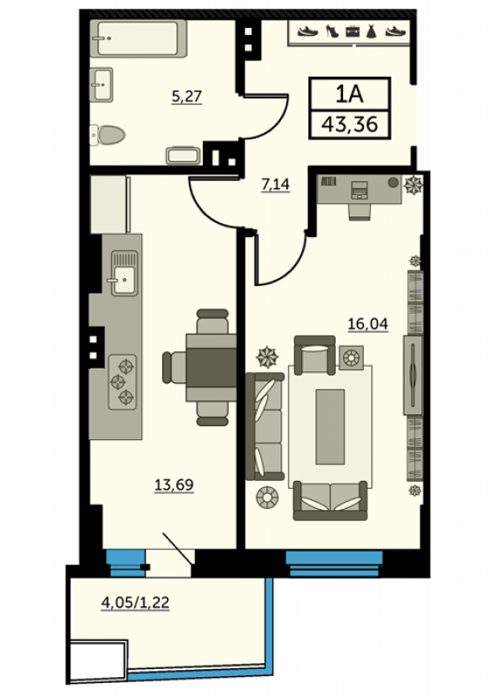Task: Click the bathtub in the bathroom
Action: pos(138,38)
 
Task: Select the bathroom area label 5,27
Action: pos(186,96)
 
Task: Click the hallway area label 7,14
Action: pos(275,184)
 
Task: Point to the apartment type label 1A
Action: pos(350,94)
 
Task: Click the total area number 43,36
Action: pos(350,124)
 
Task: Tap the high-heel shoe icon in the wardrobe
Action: pos(332,31)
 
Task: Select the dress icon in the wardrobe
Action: pos(372,31)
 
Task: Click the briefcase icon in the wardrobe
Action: pos(353,31)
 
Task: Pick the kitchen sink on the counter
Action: pos(124,273)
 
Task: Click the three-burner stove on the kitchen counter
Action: pos(123,382)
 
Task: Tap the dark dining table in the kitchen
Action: pos(212,368)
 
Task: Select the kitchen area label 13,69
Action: pos(174,484)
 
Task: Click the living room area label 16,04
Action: pos(368,323)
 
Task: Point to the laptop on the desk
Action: pos(359,190)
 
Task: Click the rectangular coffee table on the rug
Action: pos(330,427)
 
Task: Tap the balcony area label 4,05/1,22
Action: pos(136,602)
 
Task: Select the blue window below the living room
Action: pos(334,564)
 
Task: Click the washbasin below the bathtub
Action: pos(102,85)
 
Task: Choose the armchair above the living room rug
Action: pos(315,355)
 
